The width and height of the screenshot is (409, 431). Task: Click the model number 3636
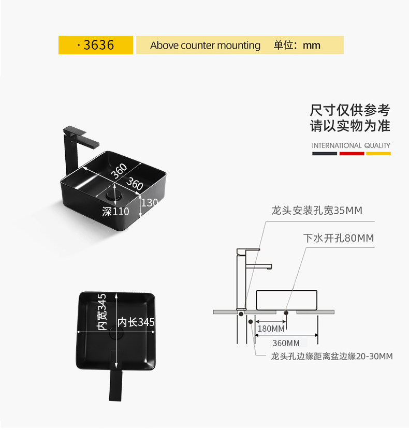[98, 45]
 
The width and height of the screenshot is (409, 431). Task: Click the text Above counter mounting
[205, 46]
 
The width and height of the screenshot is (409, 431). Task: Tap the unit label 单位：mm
[297, 46]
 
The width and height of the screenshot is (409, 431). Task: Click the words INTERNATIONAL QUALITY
[351, 145]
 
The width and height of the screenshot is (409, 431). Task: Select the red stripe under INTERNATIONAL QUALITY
[352, 153]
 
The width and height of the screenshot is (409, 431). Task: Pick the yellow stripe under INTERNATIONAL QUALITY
[378, 153]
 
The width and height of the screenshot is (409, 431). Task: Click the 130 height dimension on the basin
[149, 203]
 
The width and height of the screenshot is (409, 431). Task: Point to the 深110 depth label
[115, 211]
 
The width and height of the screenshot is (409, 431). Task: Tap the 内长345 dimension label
[136, 322]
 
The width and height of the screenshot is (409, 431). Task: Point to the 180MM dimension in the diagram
[271, 329]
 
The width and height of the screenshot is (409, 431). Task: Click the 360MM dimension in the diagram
[286, 343]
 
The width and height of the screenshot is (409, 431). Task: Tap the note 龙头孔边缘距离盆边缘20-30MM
[332, 356]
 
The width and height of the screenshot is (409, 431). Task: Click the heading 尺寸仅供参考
[350, 110]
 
